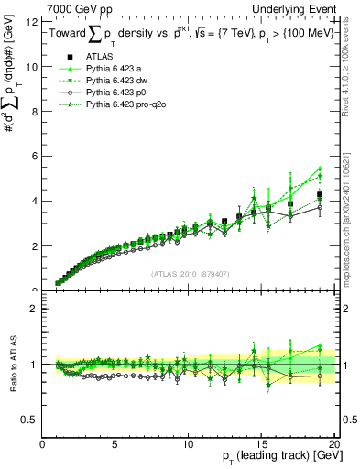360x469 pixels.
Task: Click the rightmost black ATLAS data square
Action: [319, 195]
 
